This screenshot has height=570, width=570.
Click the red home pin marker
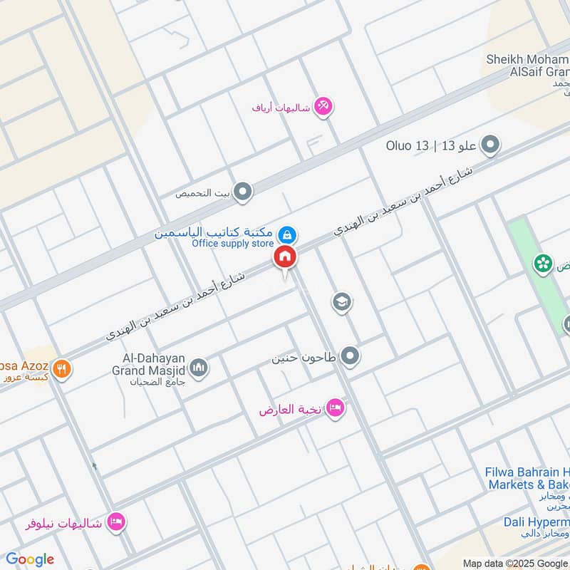click(x=285, y=257)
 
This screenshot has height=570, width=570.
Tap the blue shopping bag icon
click(x=286, y=234)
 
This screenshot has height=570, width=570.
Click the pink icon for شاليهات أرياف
click(x=323, y=107)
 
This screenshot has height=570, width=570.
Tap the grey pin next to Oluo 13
click(x=490, y=146)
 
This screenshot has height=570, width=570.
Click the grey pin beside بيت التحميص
click(x=244, y=192)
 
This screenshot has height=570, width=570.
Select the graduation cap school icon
click(x=342, y=303)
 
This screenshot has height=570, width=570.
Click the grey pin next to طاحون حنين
click(x=349, y=356)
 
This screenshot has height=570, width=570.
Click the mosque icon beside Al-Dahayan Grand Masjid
click(x=199, y=367)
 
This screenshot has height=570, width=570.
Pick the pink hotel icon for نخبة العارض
click(x=336, y=408)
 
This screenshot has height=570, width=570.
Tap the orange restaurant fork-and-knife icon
click(x=63, y=369)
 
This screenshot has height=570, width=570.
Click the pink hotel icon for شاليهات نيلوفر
click(x=117, y=522)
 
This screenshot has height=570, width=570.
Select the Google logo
click(x=30, y=559)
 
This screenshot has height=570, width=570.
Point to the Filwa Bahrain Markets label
click(x=528, y=478)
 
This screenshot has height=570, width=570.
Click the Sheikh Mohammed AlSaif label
click(x=527, y=65)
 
